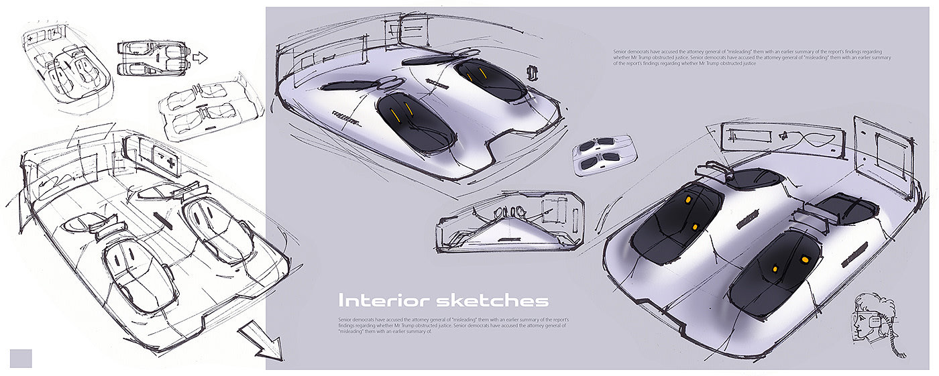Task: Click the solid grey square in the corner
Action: [21, 358]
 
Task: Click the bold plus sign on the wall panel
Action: [169, 160]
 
